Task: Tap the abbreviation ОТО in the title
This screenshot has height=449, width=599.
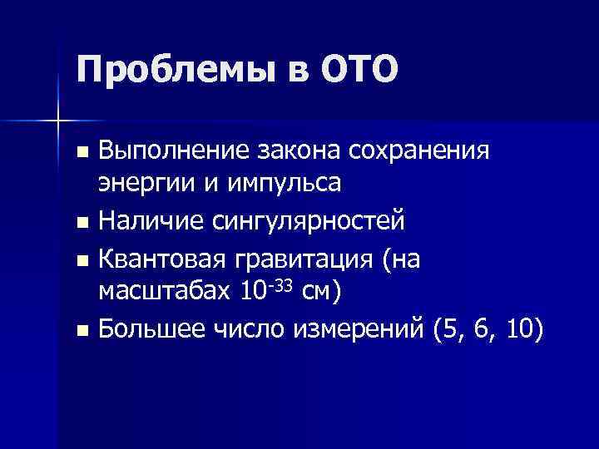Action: tap(354, 68)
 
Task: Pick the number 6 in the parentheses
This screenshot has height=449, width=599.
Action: tap(483, 330)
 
